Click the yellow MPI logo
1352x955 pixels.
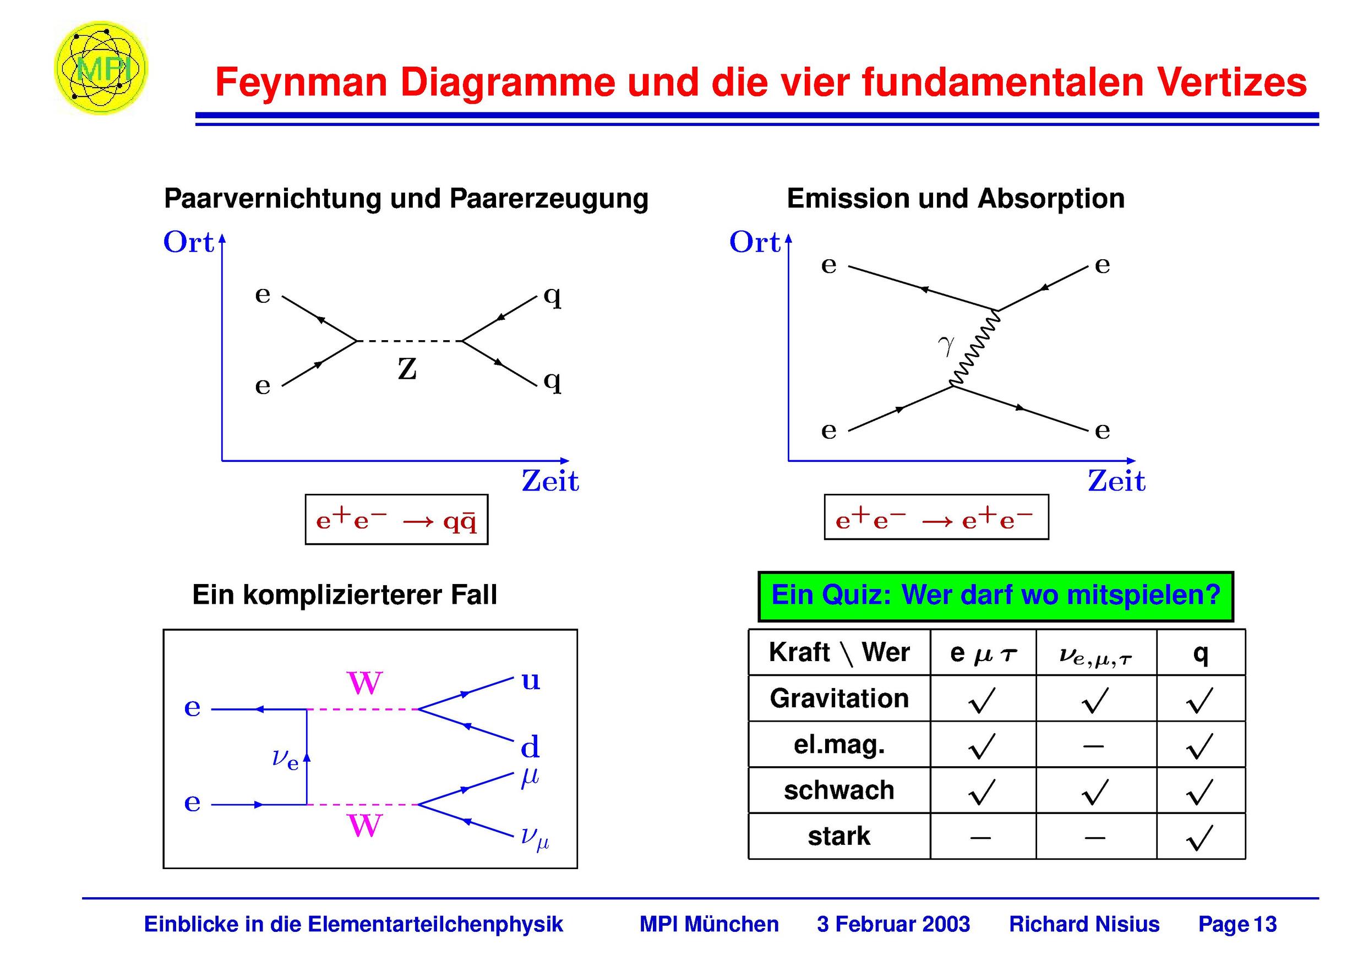tap(100, 68)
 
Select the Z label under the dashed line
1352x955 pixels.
tap(407, 369)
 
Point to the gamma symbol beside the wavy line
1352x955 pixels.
tap(946, 346)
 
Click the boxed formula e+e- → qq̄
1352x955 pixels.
tap(396, 519)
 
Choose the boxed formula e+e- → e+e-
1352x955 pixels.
tap(936, 517)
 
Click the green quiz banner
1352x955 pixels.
tap(996, 596)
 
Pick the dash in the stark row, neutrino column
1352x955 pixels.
tap(1095, 837)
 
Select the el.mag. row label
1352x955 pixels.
tap(839, 745)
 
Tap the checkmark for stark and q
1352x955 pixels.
tap(1200, 837)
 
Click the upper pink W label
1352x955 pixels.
tap(365, 683)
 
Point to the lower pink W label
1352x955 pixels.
tap(365, 826)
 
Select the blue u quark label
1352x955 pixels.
tap(531, 681)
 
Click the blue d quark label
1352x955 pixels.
tap(530, 746)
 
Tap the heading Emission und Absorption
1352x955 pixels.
tap(956, 198)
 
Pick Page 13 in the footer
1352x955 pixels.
tap(1237, 924)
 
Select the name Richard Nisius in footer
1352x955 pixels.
tap(1084, 924)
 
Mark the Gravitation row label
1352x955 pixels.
tap(839, 699)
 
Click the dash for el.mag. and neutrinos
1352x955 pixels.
tap(1093, 746)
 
